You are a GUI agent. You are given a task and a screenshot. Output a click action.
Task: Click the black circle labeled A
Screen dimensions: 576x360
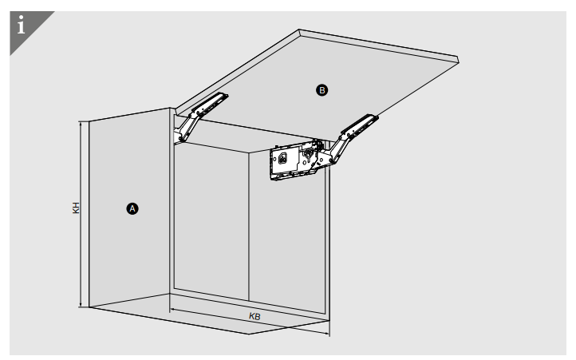[132, 209]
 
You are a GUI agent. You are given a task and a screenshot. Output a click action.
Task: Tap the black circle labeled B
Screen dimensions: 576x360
[322, 90]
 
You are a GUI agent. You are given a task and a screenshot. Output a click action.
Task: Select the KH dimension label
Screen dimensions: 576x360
[76, 208]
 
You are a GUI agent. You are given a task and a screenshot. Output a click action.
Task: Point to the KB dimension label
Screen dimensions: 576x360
[254, 316]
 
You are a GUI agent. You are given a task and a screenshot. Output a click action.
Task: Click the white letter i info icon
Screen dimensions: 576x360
[22, 25]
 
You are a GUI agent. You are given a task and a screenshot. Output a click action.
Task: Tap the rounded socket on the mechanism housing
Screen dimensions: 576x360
[282, 159]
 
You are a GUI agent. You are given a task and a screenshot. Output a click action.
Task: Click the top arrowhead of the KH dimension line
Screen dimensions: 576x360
[81, 123]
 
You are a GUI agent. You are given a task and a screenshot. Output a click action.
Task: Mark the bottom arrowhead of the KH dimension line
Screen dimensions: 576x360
[81, 306]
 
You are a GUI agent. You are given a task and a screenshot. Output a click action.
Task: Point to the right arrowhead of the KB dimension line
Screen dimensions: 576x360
[328, 334]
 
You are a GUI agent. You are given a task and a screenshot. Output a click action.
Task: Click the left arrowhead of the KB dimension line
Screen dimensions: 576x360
[172, 310]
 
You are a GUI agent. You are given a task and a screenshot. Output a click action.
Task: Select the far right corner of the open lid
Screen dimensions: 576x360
[459, 61]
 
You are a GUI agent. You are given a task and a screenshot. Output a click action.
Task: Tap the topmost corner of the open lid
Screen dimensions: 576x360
[299, 30]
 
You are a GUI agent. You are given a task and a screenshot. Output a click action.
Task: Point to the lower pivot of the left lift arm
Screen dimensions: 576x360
[180, 139]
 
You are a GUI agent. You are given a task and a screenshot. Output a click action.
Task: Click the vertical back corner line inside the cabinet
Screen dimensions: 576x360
[249, 227]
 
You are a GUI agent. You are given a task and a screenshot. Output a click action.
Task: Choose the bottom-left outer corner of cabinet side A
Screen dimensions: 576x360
[89, 307]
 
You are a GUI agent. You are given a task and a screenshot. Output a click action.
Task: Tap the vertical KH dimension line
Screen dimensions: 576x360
[81, 215]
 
